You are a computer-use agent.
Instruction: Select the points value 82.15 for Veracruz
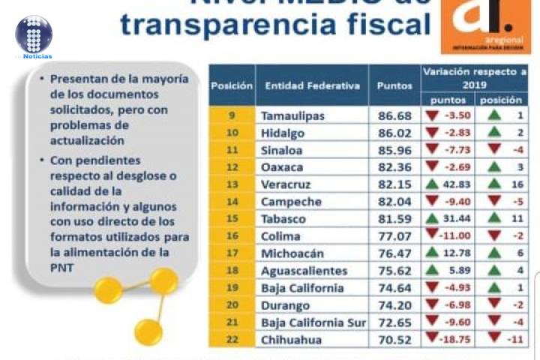coord(394,184)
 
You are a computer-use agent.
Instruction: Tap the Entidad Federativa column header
coord(311,85)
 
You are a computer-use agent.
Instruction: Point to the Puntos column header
coord(394,85)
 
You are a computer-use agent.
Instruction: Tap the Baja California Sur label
coord(313,322)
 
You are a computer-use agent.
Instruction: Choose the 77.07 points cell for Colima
coord(394,236)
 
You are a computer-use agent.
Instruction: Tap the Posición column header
coord(231,85)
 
